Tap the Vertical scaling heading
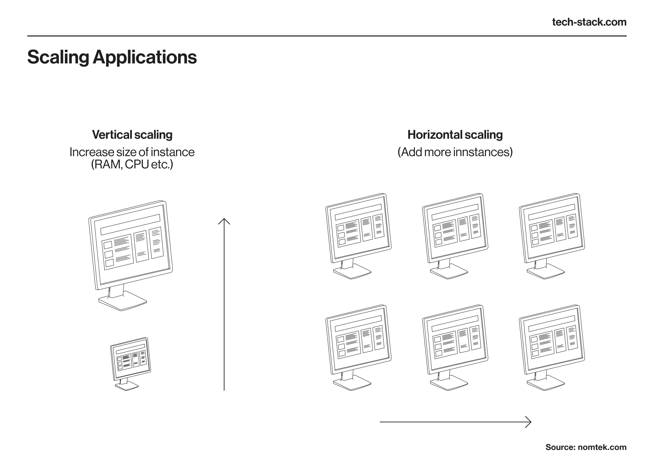point(132,135)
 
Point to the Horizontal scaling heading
point(455,135)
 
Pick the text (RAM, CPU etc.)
point(132,164)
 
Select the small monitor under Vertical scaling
point(130,364)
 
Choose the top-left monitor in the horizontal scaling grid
point(358,236)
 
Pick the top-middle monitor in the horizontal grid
point(455,236)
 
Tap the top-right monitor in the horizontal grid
point(552,236)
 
